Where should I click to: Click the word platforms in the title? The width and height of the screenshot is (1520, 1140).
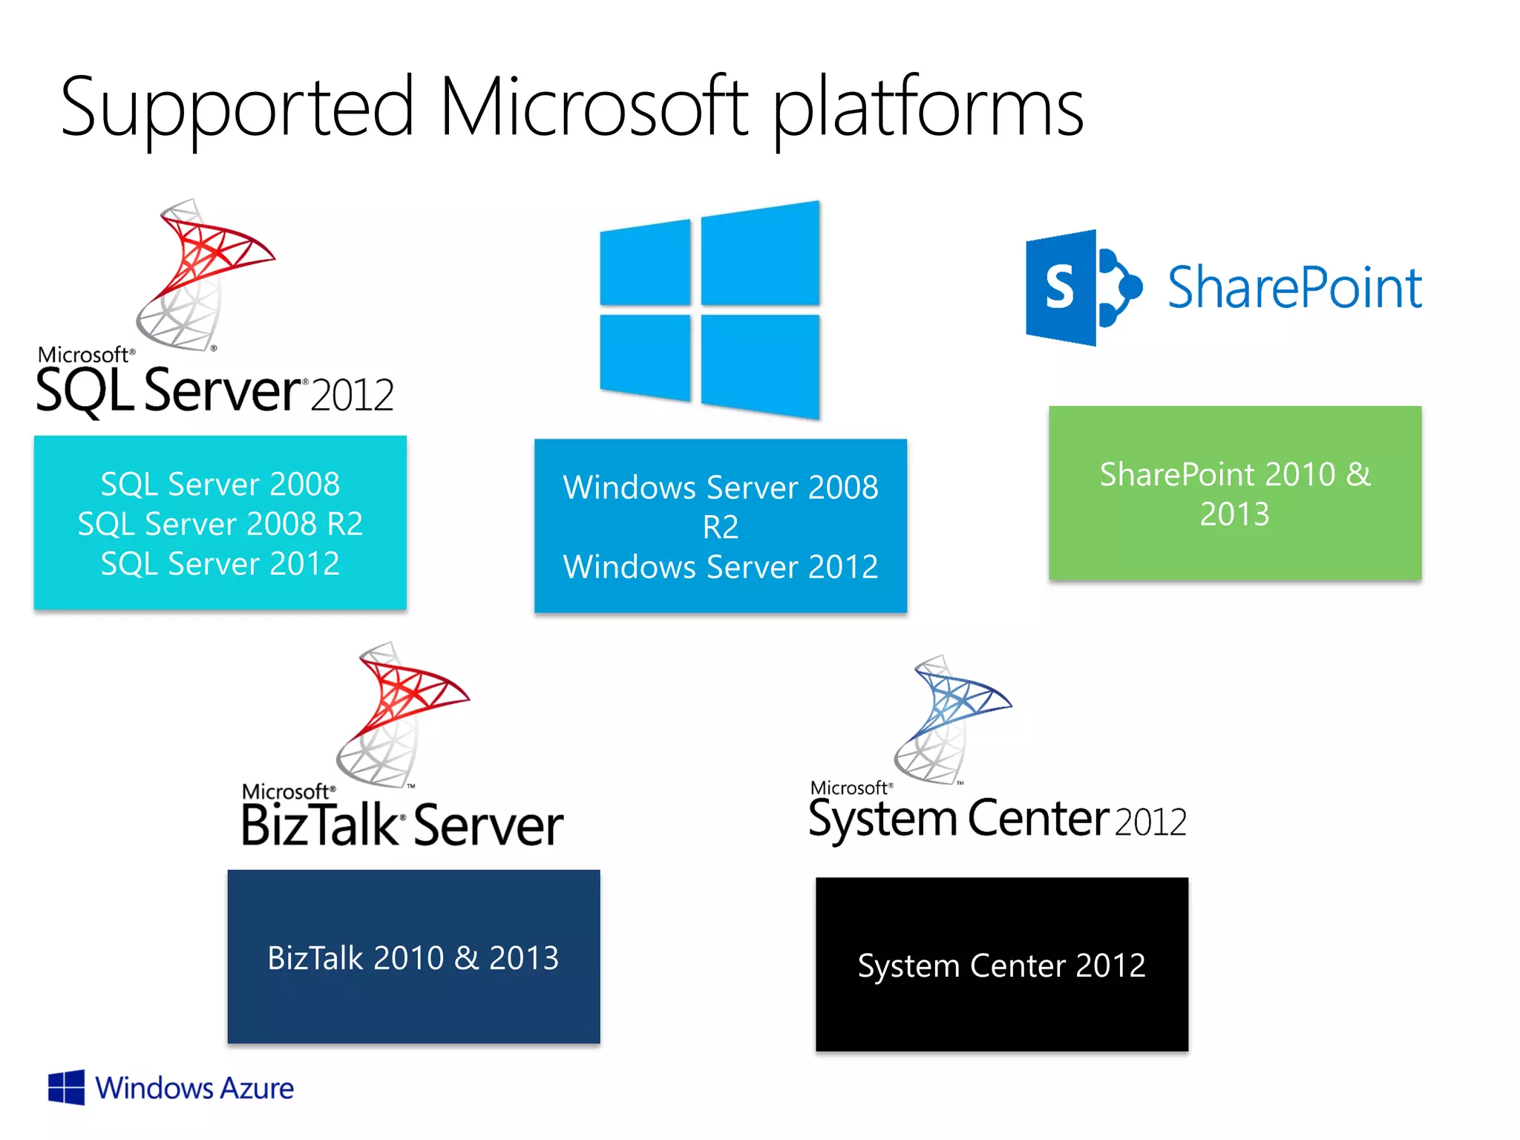coord(928,109)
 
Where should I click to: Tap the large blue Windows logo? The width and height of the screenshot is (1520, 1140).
coord(710,310)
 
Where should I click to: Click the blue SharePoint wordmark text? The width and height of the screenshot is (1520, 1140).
coord(1294,288)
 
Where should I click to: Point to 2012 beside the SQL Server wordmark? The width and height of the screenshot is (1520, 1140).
coord(352,395)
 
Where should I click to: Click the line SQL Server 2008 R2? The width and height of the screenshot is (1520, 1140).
coord(220,524)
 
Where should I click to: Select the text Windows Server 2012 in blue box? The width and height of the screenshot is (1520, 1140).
coord(720,567)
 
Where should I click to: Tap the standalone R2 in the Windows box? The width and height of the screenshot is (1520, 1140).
coord(720,527)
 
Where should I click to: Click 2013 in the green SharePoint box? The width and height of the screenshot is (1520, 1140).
coord(1234,514)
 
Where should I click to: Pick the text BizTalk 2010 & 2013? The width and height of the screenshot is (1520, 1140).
coord(413,957)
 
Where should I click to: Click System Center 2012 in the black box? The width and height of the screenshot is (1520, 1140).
coord(1001,966)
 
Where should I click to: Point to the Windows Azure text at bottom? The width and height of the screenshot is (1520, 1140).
coord(194,1089)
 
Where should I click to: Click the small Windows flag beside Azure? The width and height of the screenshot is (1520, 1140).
coord(66,1088)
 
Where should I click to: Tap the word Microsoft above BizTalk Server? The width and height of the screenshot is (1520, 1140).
coord(286,791)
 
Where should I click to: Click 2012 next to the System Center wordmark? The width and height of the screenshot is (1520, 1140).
coord(1150,822)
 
